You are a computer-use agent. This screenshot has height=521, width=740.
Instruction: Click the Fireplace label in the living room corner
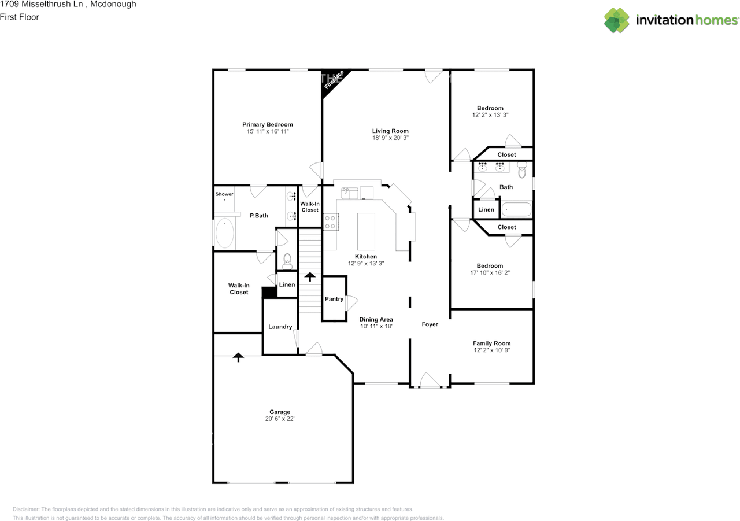point(334,80)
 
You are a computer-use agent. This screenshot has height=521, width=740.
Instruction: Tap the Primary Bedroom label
point(268,124)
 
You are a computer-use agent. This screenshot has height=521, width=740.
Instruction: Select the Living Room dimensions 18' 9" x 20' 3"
point(390,138)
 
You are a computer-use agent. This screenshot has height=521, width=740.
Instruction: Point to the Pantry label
point(334,299)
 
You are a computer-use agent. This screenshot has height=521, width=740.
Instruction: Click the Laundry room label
point(280,327)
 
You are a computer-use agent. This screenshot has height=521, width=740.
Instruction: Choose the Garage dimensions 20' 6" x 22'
point(279,419)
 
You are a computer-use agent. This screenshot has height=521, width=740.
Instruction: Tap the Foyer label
point(430,324)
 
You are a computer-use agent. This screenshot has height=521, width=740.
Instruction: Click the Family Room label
point(491,343)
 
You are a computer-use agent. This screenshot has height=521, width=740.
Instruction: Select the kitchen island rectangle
point(366,231)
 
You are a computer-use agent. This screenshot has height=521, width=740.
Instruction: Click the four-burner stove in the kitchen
point(330,222)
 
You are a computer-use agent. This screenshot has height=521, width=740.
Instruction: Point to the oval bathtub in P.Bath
point(225,232)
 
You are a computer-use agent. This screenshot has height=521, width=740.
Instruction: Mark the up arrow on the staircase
point(309,276)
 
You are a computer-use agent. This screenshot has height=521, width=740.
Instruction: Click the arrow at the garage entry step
point(238,357)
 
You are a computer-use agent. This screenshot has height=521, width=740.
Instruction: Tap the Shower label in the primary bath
point(224,194)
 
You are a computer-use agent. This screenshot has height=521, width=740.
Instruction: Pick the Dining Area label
point(376,319)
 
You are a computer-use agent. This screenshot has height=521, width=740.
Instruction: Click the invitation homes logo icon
point(616,20)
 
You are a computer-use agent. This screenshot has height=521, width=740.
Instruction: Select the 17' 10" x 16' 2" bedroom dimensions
point(490,272)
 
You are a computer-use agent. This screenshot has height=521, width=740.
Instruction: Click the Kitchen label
point(366,256)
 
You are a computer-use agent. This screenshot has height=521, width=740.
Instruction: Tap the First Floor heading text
point(20,17)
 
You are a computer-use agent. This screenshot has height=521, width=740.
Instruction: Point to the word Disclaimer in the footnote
point(26,509)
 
